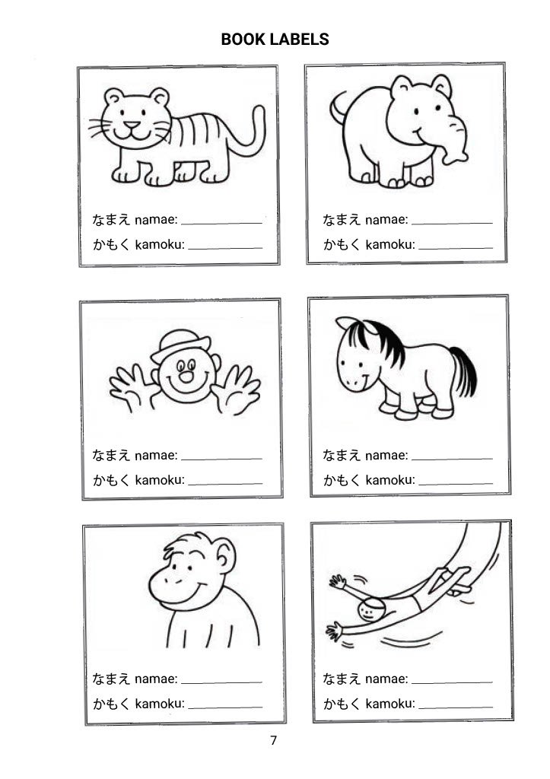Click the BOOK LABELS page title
pos(275,40)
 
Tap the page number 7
pos(273,740)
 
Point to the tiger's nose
pos(132,124)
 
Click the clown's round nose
pos(186,377)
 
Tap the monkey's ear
pos(224,555)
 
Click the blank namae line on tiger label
pos(221,223)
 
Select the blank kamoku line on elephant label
pos(456,247)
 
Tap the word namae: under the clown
pos(156,455)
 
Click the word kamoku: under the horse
pos(390,480)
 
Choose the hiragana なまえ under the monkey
pos(111,679)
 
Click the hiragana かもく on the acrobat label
pos(342,704)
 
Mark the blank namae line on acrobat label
pos(452,682)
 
